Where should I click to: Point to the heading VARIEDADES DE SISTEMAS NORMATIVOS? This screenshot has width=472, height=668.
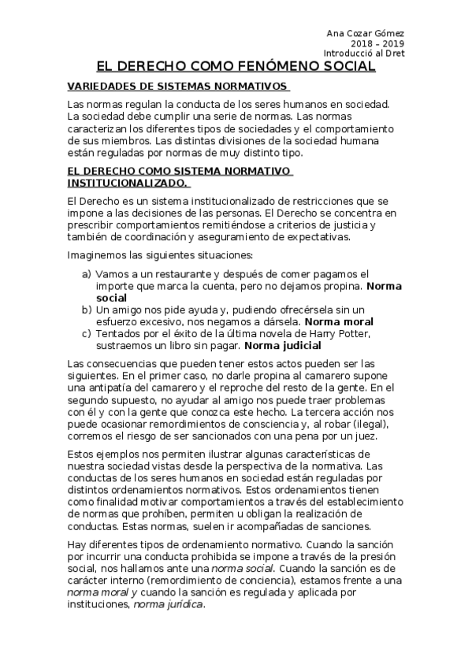tap(178, 87)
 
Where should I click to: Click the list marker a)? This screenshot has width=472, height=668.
tap(87, 273)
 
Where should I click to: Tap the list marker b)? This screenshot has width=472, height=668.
tap(87, 310)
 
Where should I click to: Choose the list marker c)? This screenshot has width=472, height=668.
tap(87, 333)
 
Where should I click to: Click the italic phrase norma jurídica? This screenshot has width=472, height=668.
tap(168, 604)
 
